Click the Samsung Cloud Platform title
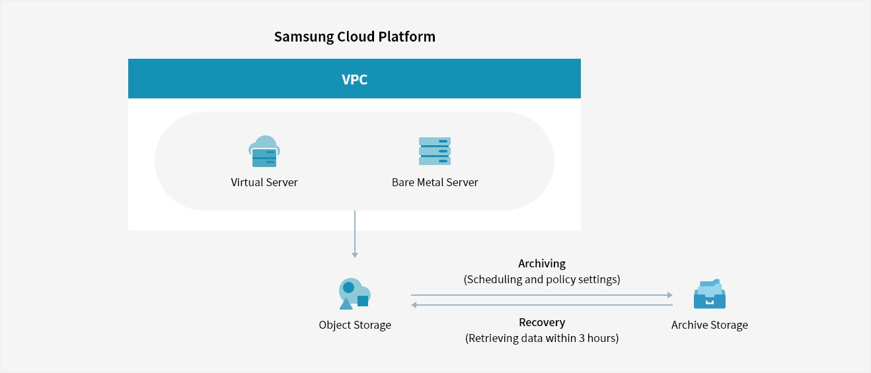pyautogui.click(x=355, y=36)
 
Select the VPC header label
pyautogui.click(x=354, y=80)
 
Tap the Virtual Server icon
pyautogui.click(x=264, y=152)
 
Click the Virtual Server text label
pyautogui.click(x=264, y=182)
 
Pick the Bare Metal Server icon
pyautogui.click(x=435, y=151)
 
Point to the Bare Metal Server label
pyautogui.click(x=435, y=182)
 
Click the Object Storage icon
pyautogui.click(x=354, y=294)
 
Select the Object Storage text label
pyautogui.click(x=355, y=325)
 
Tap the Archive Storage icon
pyautogui.click(x=709, y=294)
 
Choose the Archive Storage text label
pyautogui.click(x=710, y=325)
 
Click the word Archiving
pyautogui.click(x=542, y=263)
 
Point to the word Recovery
pyautogui.click(x=542, y=323)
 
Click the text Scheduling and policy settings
pyautogui.click(x=542, y=279)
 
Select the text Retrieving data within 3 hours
pyautogui.click(x=542, y=339)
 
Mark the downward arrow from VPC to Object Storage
pyautogui.click(x=355, y=234)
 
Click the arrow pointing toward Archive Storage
pyautogui.click(x=542, y=295)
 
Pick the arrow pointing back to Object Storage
pyautogui.click(x=542, y=305)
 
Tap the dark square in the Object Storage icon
pyautogui.click(x=363, y=301)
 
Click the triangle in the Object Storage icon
pyautogui.click(x=346, y=304)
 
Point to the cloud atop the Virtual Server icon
pyautogui.click(x=266, y=143)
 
